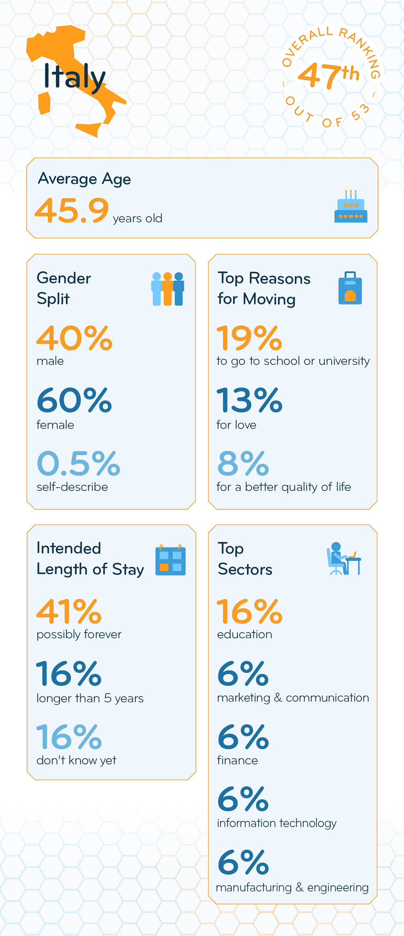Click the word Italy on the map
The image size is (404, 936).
(x=74, y=76)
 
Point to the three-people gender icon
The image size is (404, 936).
(x=168, y=289)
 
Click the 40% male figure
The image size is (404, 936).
(x=74, y=338)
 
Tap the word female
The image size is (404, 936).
(x=55, y=425)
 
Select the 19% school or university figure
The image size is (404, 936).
(x=249, y=338)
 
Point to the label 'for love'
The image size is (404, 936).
(x=237, y=425)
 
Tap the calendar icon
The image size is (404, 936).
(x=170, y=560)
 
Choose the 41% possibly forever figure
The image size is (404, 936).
(x=69, y=611)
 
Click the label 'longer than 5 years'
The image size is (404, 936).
(x=90, y=698)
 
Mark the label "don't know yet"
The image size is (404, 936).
(x=76, y=760)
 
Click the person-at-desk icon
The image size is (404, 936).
(x=343, y=559)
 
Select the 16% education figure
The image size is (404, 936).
(x=249, y=611)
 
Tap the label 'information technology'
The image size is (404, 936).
(x=276, y=823)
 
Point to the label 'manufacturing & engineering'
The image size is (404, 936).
(x=292, y=887)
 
